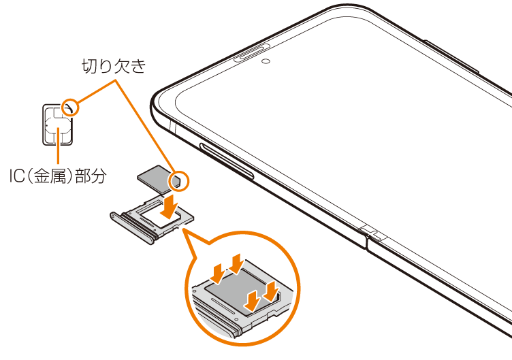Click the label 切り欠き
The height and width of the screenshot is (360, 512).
(x=114, y=66)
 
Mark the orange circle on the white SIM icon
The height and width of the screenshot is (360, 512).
(x=69, y=108)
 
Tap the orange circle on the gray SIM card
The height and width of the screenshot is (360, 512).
(x=180, y=181)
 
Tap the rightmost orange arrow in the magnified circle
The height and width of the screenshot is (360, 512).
(x=272, y=291)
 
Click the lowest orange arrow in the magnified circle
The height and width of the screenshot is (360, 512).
(x=253, y=299)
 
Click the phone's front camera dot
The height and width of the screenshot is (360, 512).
(x=264, y=61)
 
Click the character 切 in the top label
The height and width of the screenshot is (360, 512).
(x=89, y=66)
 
